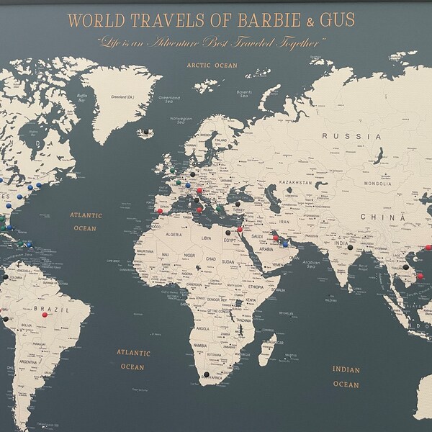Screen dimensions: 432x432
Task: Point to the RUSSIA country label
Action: click(x=351, y=136)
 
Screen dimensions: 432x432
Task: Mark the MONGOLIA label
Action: click(x=377, y=184)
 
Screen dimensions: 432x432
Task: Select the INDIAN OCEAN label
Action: click(x=346, y=377)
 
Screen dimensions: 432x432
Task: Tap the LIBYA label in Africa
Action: click(x=207, y=237)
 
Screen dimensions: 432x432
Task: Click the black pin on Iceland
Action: click(x=147, y=132)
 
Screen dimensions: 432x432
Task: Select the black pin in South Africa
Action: click(x=207, y=374)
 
